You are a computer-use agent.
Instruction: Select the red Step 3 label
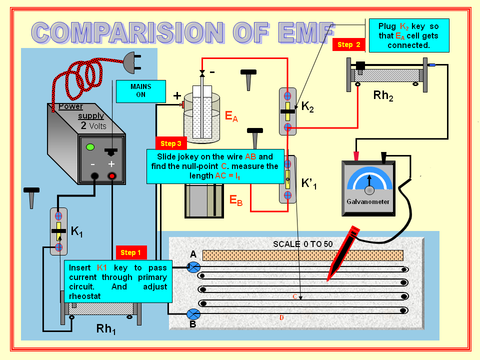(171, 143)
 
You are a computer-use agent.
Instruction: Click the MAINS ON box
(140, 90)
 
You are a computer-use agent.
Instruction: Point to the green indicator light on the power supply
(90, 147)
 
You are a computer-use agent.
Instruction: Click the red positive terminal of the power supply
(112, 176)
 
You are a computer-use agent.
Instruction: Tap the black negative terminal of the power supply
(93, 176)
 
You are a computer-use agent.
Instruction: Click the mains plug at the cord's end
(131, 59)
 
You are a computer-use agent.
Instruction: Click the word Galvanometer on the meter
(367, 202)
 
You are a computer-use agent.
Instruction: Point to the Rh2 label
(383, 95)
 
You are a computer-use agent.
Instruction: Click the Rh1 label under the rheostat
(106, 329)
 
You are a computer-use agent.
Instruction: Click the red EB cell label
(236, 200)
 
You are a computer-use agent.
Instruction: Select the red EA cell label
(231, 117)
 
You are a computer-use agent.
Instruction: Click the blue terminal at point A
(193, 267)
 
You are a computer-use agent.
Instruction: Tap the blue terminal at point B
(193, 314)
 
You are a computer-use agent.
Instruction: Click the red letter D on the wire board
(281, 317)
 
